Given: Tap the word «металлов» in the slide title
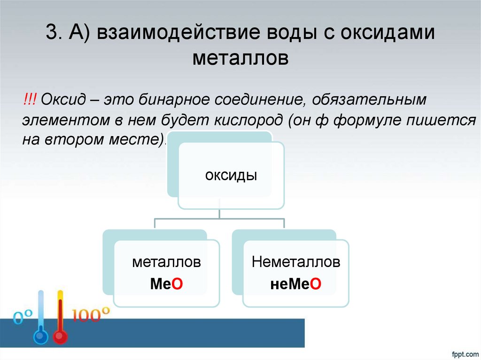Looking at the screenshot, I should [x=240, y=59].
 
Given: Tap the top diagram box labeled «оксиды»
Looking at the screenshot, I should [x=231, y=176].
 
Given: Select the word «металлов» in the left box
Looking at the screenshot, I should [x=166, y=262].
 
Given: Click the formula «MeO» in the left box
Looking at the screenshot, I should [x=166, y=283].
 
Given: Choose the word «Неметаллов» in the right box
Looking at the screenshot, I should [x=296, y=262].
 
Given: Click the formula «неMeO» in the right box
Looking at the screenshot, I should [x=295, y=283].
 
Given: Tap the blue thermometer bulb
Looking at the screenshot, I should [x=41, y=337].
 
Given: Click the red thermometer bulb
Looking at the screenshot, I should [x=60, y=337].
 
